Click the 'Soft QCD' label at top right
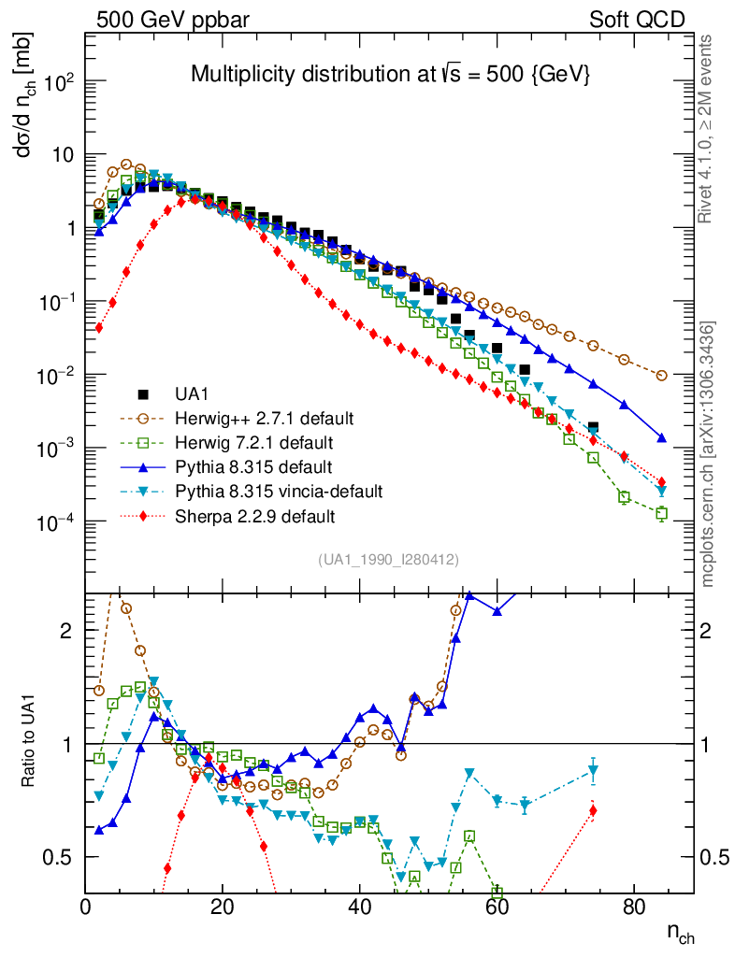[637, 20]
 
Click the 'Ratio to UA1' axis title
[30, 744]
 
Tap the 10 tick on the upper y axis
[63, 154]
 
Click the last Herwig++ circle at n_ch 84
[662, 376]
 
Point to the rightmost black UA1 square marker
[593, 427]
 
